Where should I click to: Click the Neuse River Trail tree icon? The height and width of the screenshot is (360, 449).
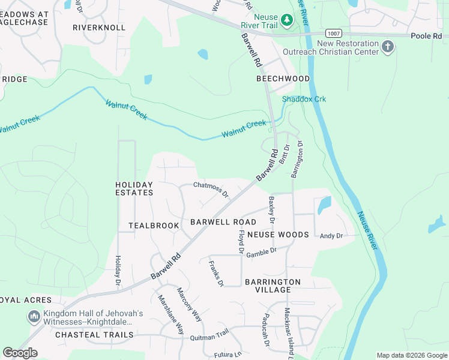pyautogui.click(x=288, y=21)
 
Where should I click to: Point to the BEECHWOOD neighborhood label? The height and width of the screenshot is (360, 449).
pyautogui.click(x=283, y=79)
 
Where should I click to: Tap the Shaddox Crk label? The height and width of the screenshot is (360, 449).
pyautogui.click(x=304, y=99)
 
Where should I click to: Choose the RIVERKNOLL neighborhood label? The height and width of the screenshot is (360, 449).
pyautogui.click(x=99, y=28)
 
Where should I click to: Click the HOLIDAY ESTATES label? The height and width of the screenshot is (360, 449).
pyautogui.click(x=134, y=188)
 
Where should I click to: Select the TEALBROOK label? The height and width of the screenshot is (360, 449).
pyautogui.click(x=154, y=226)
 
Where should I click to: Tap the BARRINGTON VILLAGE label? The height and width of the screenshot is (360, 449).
pyautogui.click(x=273, y=286)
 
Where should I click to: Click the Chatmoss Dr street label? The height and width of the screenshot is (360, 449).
pyautogui.click(x=211, y=190)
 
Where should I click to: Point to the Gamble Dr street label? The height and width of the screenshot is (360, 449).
pyautogui.click(x=261, y=251)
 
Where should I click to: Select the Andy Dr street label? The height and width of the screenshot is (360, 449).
pyautogui.click(x=331, y=236)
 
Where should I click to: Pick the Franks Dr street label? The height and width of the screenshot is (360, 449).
pyautogui.click(x=216, y=273)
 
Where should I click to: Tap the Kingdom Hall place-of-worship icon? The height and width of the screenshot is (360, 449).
pyautogui.click(x=34, y=316)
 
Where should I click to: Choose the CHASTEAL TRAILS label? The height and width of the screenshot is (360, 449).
pyautogui.click(x=94, y=335)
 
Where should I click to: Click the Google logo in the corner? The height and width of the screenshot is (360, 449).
pyautogui.click(x=20, y=353)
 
